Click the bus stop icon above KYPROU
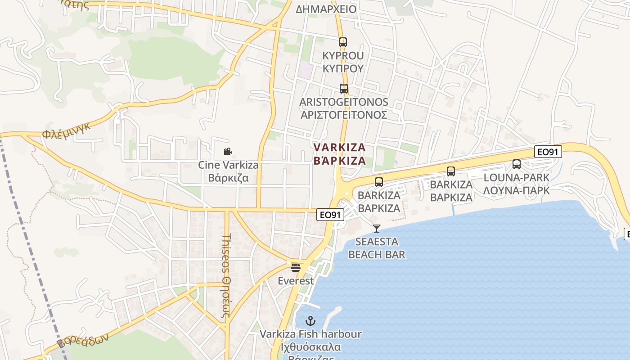pyautogui.click(x=343, y=42)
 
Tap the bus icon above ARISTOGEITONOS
pyautogui.click(x=344, y=89)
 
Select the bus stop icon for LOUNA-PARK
pyautogui.click(x=517, y=164)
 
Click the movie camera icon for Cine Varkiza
pyautogui.click(x=228, y=152)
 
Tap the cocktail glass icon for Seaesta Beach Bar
pyautogui.click(x=377, y=229)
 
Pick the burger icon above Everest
pyautogui.click(x=296, y=268)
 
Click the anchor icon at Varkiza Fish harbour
pyautogui.click(x=310, y=321)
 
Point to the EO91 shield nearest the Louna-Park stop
pyautogui.click(x=548, y=152)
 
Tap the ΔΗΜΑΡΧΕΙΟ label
pyautogui.click(x=326, y=9)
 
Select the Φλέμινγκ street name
pyautogui.click(x=67, y=130)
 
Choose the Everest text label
pyautogui.click(x=296, y=281)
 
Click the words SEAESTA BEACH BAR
pyautogui.click(x=377, y=248)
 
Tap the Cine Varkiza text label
pyautogui.click(x=229, y=171)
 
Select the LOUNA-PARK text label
pyautogui.click(x=517, y=184)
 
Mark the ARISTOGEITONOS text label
pyautogui.click(x=344, y=108)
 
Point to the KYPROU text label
pyautogui.click(x=343, y=62)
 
